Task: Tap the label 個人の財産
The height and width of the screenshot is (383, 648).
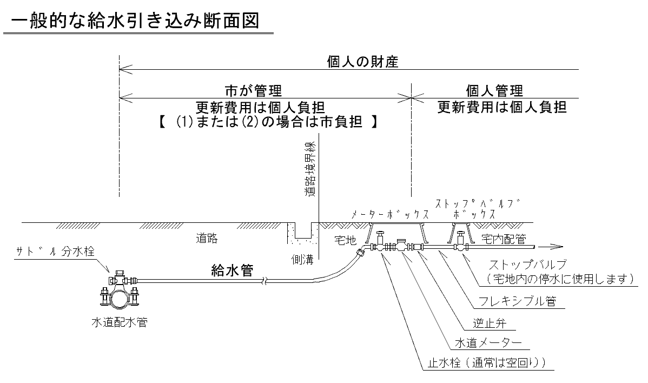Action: (x=362, y=62)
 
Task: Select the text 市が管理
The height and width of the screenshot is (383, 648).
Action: (x=253, y=90)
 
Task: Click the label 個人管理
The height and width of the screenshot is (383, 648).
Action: (x=494, y=90)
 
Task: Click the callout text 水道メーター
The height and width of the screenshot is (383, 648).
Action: (x=488, y=343)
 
